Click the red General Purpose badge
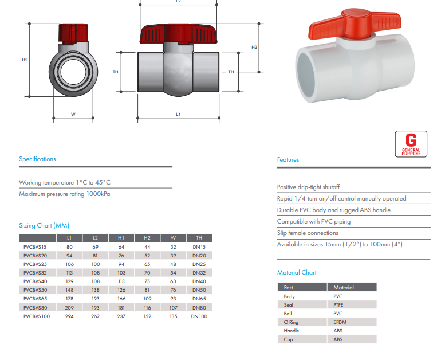[x=411, y=144]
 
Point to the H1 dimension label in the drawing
[x=25, y=60]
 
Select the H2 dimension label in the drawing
[x=254, y=47]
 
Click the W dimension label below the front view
[x=73, y=114]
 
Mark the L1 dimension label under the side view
[x=178, y=114]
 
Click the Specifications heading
[x=38, y=159]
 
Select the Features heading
[x=288, y=159]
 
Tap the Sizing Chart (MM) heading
[x=44, y=225]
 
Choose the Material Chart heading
[x=297, y=272]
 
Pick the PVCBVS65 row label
[x=36, y=299]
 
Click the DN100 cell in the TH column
[x=199, y=316]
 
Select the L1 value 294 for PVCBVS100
[x=69, y=316]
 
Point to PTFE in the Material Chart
[x=339, y=305]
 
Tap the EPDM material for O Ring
[x=340, y=322]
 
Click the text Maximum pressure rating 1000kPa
[x=65, y=194]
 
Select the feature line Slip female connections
[x=308, y=233]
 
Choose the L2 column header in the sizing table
[x=95, y=238]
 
